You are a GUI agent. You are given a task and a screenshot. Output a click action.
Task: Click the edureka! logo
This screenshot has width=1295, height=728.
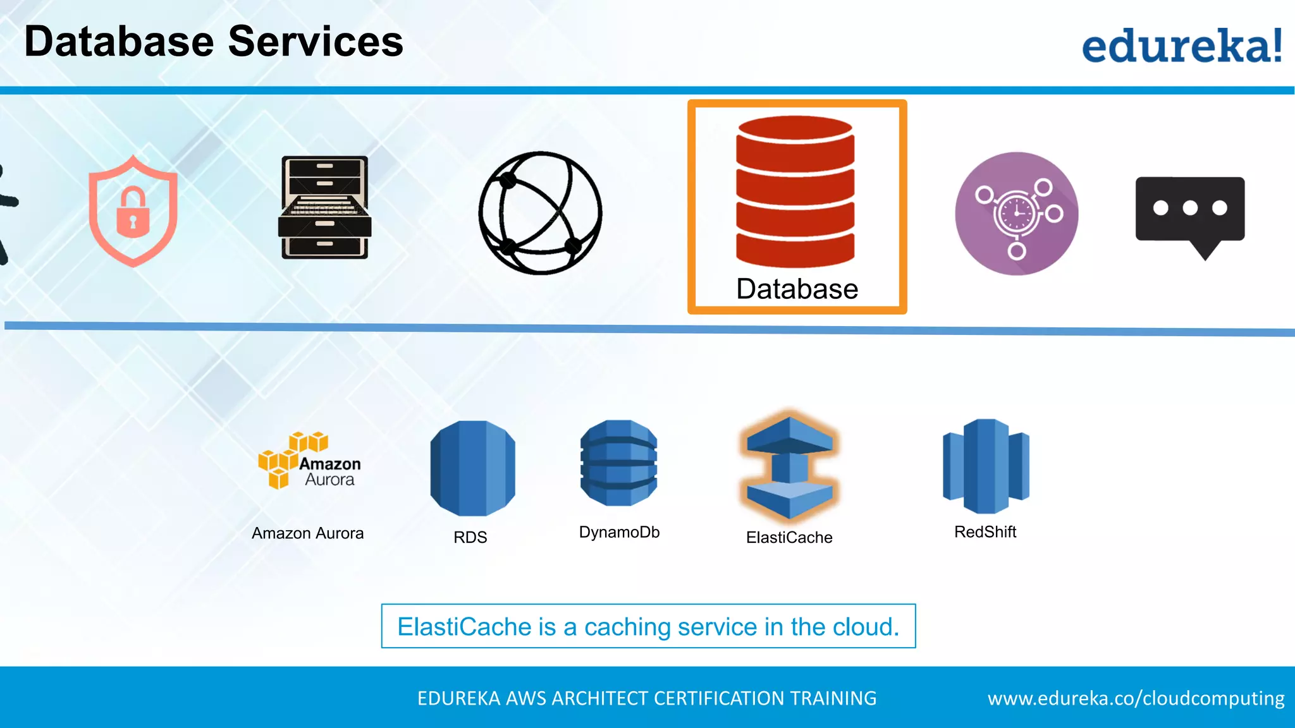point(1181,45)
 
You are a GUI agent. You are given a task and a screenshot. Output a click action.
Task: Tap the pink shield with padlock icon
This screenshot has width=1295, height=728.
point(133,212)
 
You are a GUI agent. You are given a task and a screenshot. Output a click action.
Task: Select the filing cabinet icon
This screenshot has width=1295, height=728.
point(324,207)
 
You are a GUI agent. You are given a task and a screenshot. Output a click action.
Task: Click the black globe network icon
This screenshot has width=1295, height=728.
point(541,213)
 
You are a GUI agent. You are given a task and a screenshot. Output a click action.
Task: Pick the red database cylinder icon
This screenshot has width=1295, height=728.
point(795,191)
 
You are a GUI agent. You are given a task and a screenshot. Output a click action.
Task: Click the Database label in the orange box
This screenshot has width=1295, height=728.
point(797,289)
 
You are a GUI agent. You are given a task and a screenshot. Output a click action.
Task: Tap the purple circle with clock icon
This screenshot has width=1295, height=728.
point(1016,214)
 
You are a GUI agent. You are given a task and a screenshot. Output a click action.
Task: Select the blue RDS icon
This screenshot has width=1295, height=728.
point(472,468)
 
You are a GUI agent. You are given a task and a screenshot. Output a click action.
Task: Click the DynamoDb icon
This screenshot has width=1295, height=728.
point(618,463)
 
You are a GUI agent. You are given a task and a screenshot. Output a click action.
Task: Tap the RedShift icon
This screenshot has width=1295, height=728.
point(985,466)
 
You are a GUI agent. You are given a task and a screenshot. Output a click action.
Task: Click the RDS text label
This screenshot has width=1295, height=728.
point(470,537)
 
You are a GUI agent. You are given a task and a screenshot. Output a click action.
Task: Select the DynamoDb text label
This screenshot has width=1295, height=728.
point(619,532)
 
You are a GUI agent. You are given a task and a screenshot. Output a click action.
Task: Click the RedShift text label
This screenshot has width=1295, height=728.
point(985,532)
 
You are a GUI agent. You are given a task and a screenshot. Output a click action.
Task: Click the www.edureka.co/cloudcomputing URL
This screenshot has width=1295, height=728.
point(1136,698)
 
